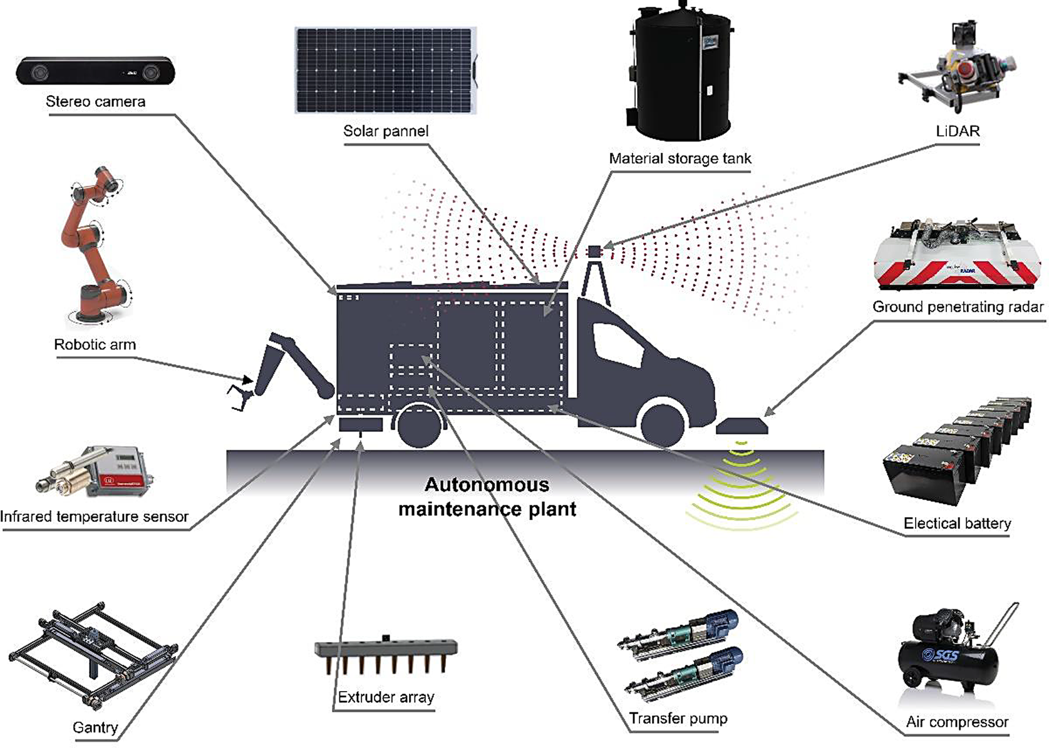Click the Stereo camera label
pyautogui.click(x=95, y=101)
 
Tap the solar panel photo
pyautogui.click(x=385, y=70)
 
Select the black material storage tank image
pyautogui.click(x=680, y=72)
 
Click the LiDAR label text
pyautogui.click(x=957, y=131)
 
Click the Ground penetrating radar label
pyautogui.click(x=958, y=307)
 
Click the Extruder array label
pyautogui.click(x=386, y=697)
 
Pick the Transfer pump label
pyautogui.click(x=678, y=718)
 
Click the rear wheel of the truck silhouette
pyautogui.click(x=418, y=426)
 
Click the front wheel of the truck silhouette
pyautogui.click(x=663, y=424)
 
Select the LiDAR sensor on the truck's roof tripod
pyautogui.click(x=594, y=252)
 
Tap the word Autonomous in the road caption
pyautogui.click(x=487, y=484)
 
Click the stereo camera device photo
pyautogui.click(x=95, y=71)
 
